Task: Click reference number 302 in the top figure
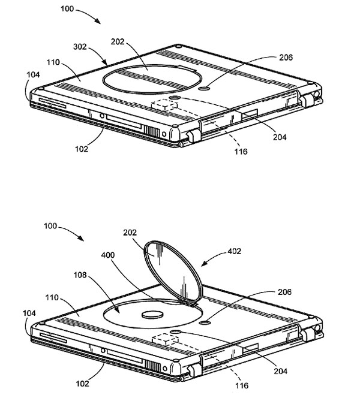(80, 47)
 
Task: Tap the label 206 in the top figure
(286, 58)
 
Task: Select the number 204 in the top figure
(280, 137)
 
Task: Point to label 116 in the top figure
(241, 152)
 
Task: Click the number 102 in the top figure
(82, 149)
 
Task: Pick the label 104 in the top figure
(33, 74)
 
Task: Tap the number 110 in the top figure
(53, 62)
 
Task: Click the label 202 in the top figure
(118, 42)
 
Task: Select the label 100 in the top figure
(67, 9)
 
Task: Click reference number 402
(234, 251)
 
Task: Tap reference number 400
(108, 255)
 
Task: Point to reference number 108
(80, 275)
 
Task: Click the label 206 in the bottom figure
(284, 292)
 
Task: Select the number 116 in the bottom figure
(242, 385)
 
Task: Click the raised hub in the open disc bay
(152, 315)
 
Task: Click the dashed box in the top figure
(164, 105)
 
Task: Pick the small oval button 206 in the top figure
(205, 88)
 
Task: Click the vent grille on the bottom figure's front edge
(152, 366)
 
